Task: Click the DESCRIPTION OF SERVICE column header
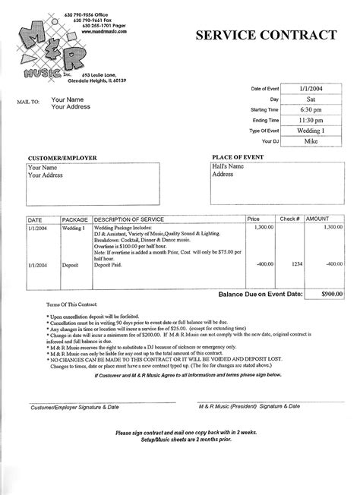(x=131, y=219)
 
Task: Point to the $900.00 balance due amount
(x=329, y=292)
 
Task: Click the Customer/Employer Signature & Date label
(x=65, y=408)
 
